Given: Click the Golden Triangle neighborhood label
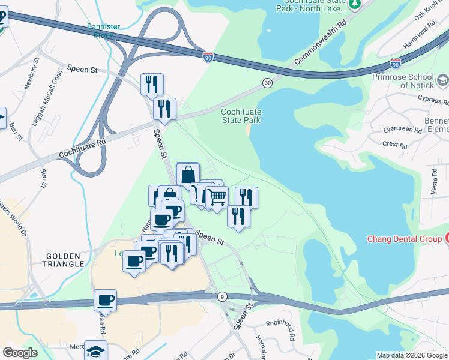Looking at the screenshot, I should [x=64, y=260].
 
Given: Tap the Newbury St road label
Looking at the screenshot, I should [x=32, y=74].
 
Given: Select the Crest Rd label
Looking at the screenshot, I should [x=394, y=145].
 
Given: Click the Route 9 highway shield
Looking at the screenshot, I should [x=223, y=296].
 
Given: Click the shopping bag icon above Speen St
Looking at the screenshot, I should [x=188, y=175].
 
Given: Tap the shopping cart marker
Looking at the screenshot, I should [x=217, y=197].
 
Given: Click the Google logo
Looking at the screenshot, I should [x=20, y=353].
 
